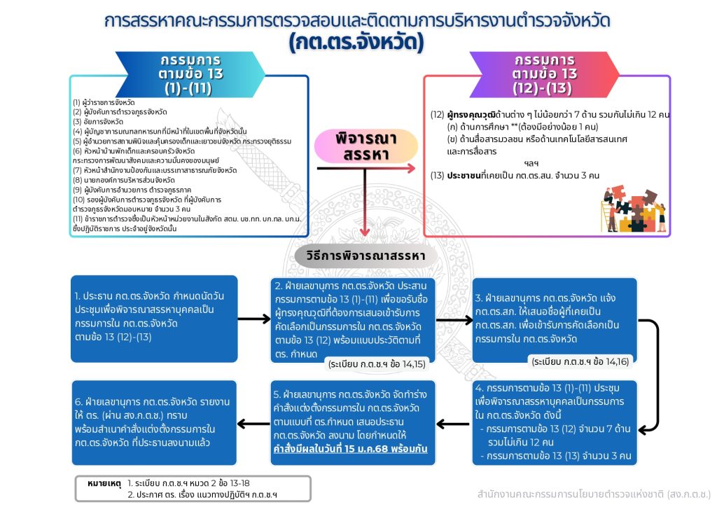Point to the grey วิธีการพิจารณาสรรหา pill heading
pyautogui.click(x=365, y=256)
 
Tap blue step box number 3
pyautogui.click(x=554, y=319)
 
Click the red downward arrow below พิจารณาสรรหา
pyautogui.click(x=365, y=207)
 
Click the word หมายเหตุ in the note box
pyautogui.click(x=104, y=483)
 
